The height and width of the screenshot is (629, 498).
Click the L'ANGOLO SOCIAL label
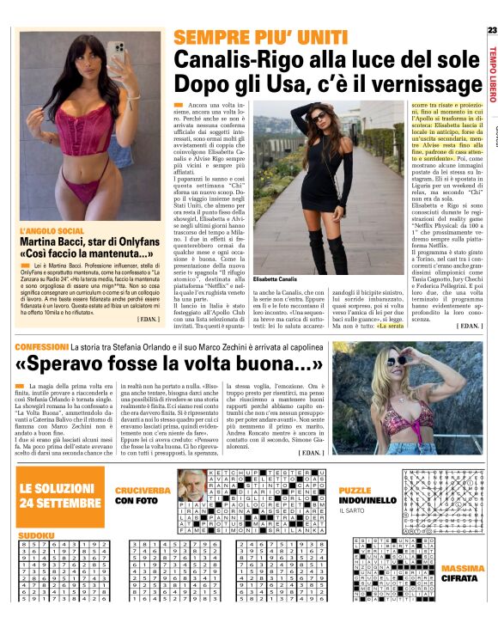52,231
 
